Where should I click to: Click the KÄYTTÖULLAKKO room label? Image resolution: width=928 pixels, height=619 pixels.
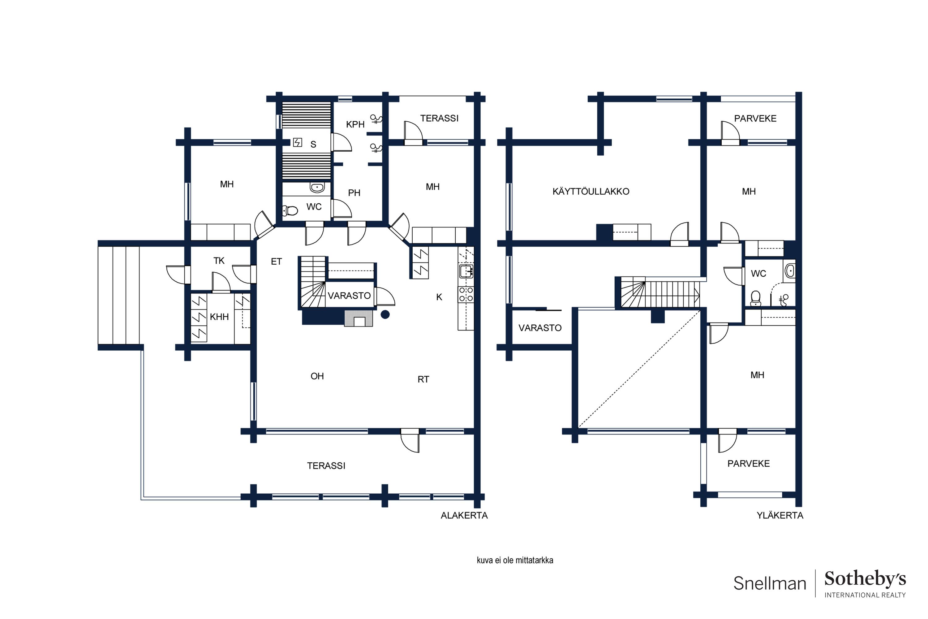591,192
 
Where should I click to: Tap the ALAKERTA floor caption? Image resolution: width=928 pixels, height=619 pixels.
464,515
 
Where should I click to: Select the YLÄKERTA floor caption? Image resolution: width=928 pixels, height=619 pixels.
780,515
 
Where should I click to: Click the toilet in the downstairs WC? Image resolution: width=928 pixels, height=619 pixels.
290,211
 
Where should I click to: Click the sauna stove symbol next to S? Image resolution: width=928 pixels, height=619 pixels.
298,142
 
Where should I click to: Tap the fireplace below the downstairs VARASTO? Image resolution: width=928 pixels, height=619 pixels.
359,318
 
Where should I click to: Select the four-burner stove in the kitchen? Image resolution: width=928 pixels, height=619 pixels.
466,295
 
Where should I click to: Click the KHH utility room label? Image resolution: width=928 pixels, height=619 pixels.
219,317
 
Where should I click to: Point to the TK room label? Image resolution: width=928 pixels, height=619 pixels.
219,261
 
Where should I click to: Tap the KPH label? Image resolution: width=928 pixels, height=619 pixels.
355,124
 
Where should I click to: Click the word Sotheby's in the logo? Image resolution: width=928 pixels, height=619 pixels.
865,579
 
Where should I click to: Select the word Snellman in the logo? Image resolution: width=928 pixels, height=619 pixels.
769,583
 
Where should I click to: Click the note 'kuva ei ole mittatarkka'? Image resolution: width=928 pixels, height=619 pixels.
515,560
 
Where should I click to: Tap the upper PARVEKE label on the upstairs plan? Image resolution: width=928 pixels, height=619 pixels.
755,119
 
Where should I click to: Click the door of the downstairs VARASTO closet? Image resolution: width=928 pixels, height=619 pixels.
385,297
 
